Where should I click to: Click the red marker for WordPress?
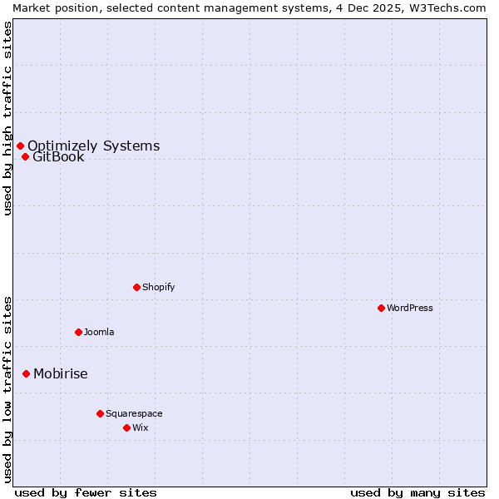tap(381, 308)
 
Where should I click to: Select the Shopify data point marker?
tap(136, 287)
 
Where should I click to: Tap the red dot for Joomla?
tap(78, 332)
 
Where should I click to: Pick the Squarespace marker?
tap(100, 413)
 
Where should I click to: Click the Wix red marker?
tap(126, 427)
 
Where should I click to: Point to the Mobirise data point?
tap(26, 373)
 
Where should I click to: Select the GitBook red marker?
tap(25, 156)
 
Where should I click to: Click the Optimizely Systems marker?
tap(20, 146)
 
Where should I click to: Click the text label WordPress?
tap(410, 308)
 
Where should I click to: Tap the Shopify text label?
tap(158, 287)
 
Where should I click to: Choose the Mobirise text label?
tap(60, 373)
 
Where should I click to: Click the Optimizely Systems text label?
tap(93, 146)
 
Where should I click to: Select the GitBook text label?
tap(58, 156)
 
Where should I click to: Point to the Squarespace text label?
tap(134, 413)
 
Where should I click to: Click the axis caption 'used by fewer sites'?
tap(86, 492)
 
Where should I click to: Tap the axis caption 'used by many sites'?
tap(417, 492)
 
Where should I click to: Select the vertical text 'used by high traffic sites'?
tap(7, 118)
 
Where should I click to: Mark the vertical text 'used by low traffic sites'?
tap(7, 389)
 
